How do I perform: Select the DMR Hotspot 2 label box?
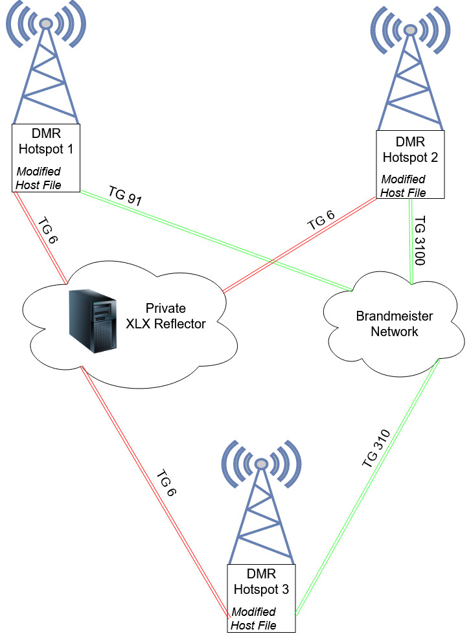click(x=410, y=163)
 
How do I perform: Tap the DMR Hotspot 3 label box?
click(x=261, y=596)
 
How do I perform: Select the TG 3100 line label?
click(x=420, y=239)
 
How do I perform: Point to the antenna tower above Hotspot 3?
click(x=262, y=505)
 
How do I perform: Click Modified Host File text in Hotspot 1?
click(x=38, y=178)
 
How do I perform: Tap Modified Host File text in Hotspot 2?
click(x=403, y=186)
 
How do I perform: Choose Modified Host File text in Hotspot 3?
click(x=254, y=619)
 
